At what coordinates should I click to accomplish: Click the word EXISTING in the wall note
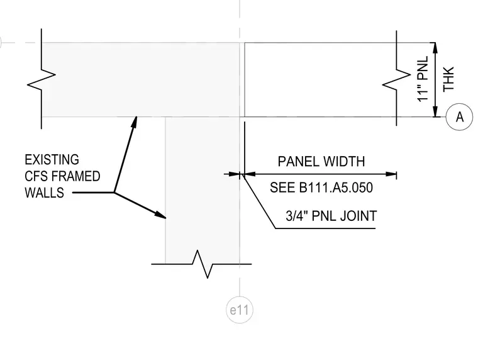pos(52,160)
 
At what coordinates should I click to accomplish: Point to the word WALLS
pos(45,193)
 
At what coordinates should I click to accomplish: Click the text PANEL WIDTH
pos(321,161)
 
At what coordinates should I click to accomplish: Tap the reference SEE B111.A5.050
pos(321,188)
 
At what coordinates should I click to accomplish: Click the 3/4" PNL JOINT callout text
pos(331,216)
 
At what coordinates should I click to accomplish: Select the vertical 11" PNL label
pos(423,79)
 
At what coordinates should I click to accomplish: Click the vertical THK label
pos(448,79)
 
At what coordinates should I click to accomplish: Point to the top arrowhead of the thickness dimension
pos(435,48)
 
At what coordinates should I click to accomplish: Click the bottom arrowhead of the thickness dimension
pos(435,111)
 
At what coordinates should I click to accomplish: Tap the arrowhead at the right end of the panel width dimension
pos(391,174)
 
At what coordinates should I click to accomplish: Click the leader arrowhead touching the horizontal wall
pos(135,121)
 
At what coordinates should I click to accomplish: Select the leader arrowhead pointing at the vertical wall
pos(160,215)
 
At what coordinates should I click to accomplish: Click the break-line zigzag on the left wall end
pos(42,79)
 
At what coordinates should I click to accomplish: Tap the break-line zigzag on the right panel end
pos(397,78)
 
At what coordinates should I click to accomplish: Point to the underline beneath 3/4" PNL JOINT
pos(325,228)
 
